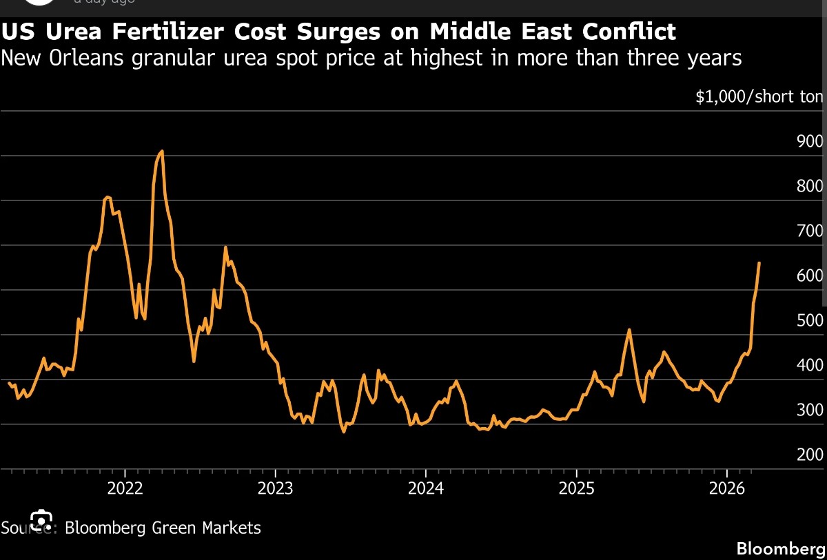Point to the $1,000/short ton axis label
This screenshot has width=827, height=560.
tap(759, 96)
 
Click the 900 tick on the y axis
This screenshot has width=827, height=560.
tap(809, 141)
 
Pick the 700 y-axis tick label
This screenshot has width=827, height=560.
tap(809, 231)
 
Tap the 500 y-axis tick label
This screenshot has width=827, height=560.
tap(809, 320)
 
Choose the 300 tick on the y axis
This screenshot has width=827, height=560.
tap(809, 410)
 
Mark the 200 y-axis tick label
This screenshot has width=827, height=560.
tap(809, 455)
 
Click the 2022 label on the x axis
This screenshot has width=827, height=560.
tap(125, 488)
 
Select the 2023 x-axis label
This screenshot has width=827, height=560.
tap(275, 488)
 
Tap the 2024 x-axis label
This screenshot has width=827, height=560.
tap(425, 488)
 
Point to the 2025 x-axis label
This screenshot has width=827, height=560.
tap(576, 488)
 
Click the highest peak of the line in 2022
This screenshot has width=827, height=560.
tap(161, 151)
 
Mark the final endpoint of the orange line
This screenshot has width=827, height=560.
tap(759, 262)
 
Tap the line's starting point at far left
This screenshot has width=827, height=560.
tap(9, 383)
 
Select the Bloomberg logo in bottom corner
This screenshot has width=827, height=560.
tap(781, 549)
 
